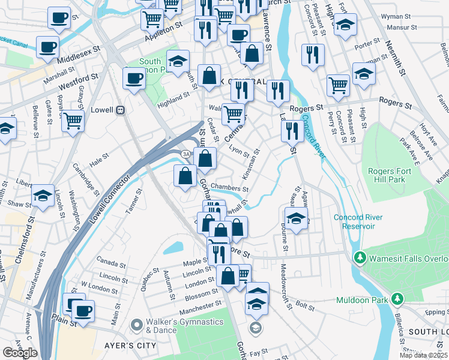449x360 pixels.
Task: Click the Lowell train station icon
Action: (121, 110)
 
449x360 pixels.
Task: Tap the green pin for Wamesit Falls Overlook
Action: (360, 258)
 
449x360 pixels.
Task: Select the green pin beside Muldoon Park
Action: (397, 298)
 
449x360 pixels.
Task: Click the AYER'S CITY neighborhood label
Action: (131, 346)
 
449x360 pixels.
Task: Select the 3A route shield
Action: (187, 154)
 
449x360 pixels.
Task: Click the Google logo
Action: (20, 352)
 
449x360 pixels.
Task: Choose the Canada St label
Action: (110, 263)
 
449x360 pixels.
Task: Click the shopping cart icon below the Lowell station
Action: (73, 120)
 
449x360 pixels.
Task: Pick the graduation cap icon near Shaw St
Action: (43, 196)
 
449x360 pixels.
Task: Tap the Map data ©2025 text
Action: (424, 355)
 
